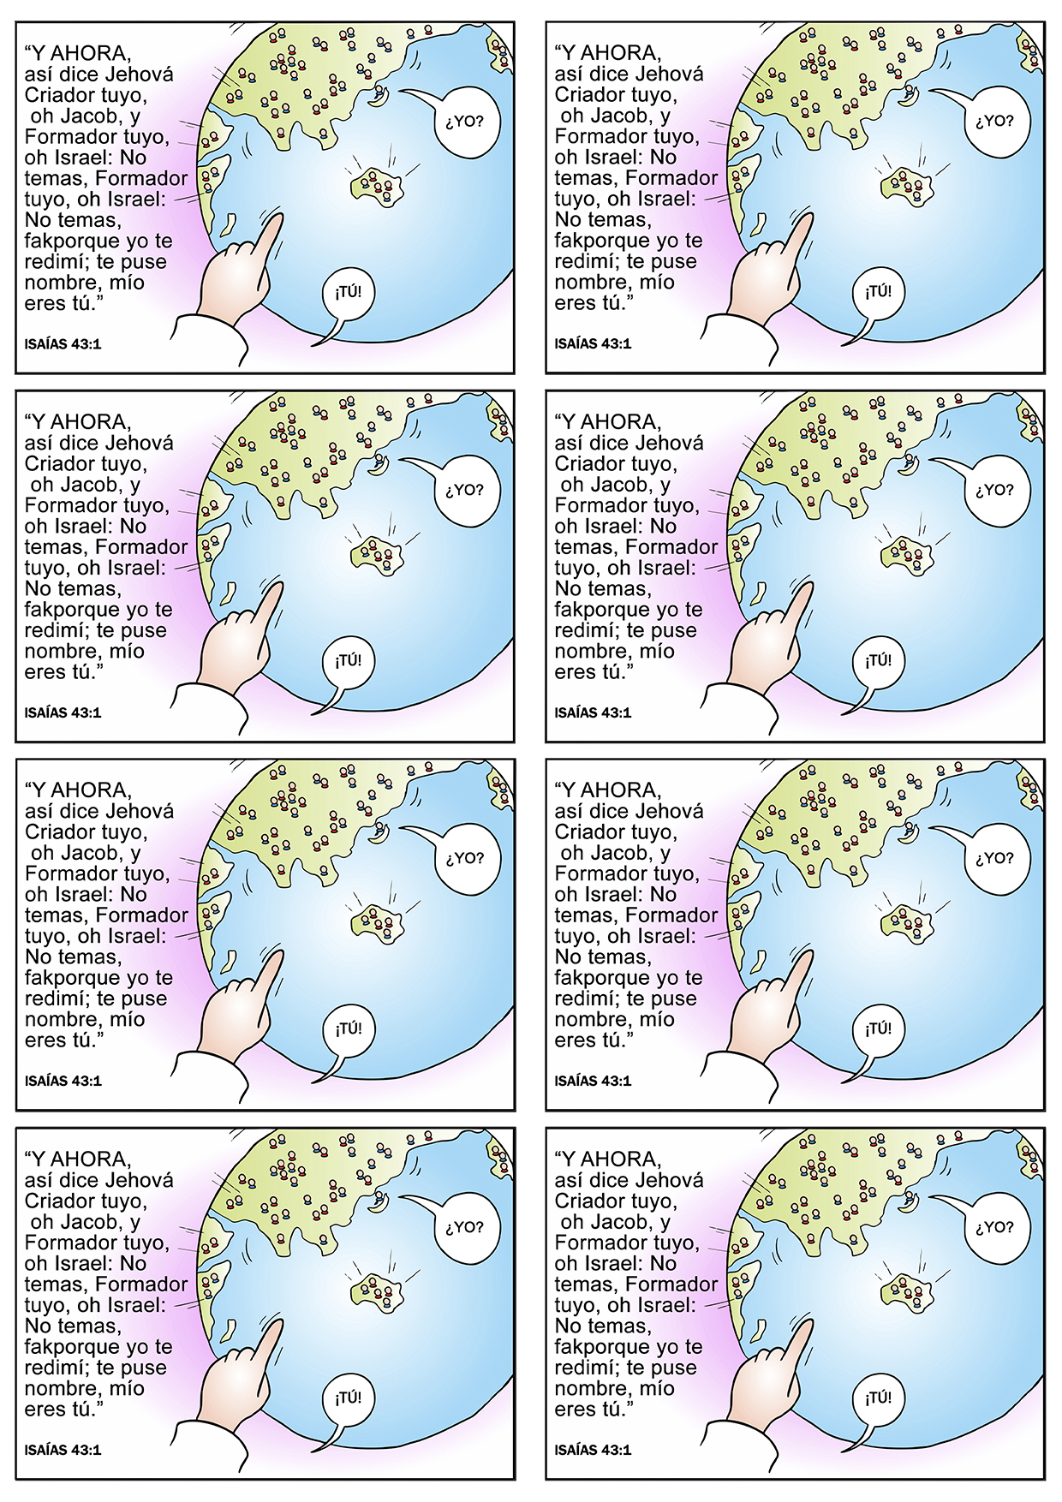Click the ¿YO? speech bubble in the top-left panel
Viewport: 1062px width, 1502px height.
[464, 122]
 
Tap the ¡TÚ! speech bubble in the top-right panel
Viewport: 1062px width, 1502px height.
[878, 292]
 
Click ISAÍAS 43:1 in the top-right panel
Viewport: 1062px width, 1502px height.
[593, 344]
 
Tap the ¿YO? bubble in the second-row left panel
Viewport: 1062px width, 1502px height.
[464, 491]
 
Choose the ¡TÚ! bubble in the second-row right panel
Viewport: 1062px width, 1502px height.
[878, 661]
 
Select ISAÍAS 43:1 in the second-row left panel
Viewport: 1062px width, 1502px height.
[63, 712]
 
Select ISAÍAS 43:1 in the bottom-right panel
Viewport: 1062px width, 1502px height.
[593, 1451]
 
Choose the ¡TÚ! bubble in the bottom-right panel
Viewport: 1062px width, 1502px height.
[878, 1398]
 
